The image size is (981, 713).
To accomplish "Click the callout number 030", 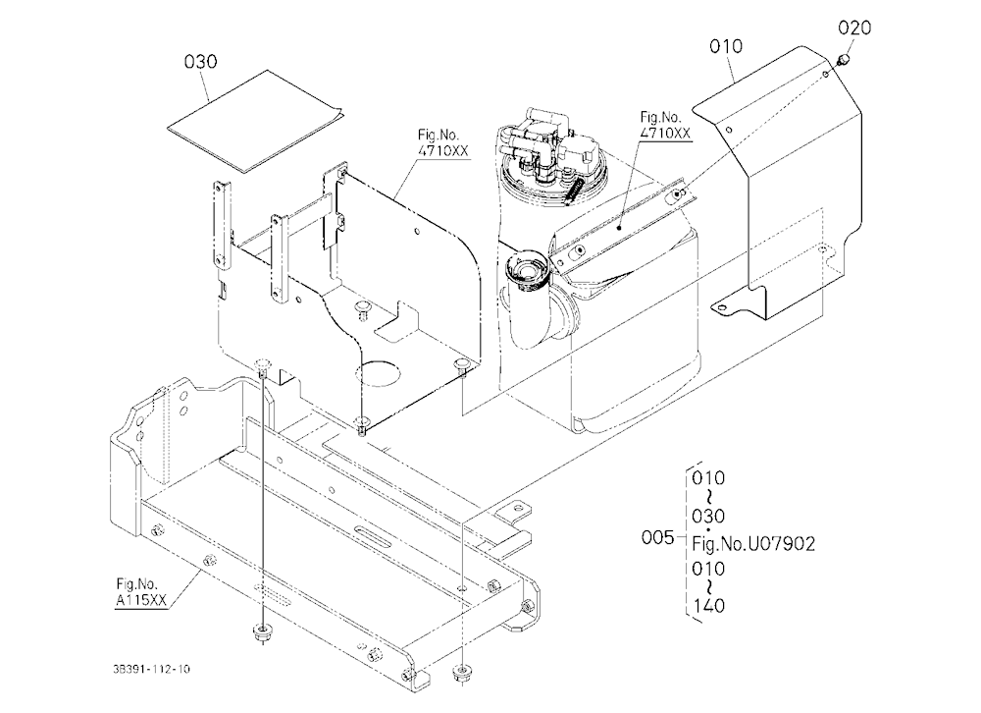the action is tap(200, 62).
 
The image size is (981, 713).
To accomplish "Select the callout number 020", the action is tap(854, 27).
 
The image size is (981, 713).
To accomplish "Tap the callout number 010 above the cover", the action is tap(726, 46).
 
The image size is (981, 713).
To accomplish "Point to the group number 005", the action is tap(657, 537).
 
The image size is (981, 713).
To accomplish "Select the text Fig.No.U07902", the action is tap(753, 544).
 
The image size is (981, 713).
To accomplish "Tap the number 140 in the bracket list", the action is tap(708, 606).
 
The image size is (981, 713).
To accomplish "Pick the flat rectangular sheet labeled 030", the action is tap(255, 120).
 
